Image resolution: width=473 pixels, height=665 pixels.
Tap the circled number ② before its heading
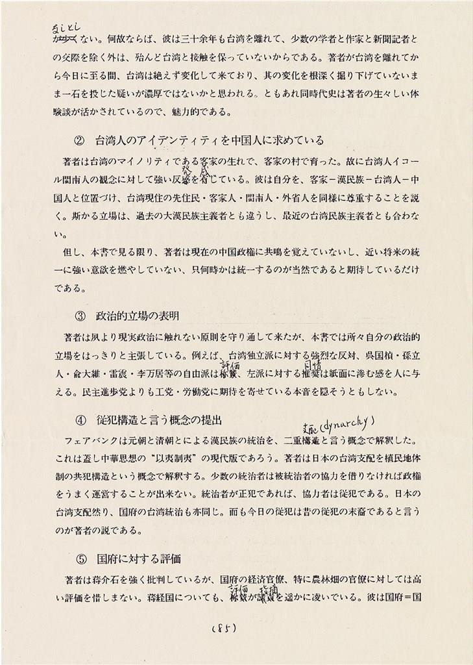point(80,140)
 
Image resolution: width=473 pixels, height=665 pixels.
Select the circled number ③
point(80,316)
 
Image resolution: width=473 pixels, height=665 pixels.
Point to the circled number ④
point(80,419)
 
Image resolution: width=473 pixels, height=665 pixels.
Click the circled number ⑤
point(80,557)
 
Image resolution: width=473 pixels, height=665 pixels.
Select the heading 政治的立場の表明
point(138,316)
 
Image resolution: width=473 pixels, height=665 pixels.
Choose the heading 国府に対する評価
point(138,557)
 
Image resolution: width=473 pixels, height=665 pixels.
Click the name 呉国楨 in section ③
point(371,356)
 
